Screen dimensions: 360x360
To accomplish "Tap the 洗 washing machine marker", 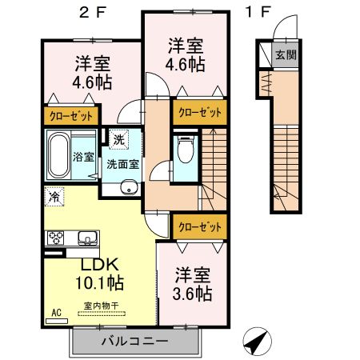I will [x=118, y=138].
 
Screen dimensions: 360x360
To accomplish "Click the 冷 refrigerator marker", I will [x=54, y=194].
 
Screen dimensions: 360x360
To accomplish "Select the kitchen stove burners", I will [x=58, y=237].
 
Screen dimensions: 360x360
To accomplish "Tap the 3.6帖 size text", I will [x=193, y=294].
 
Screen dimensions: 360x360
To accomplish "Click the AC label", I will [x=57, y=312].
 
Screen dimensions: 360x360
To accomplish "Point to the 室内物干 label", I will [x=99, y=305].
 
